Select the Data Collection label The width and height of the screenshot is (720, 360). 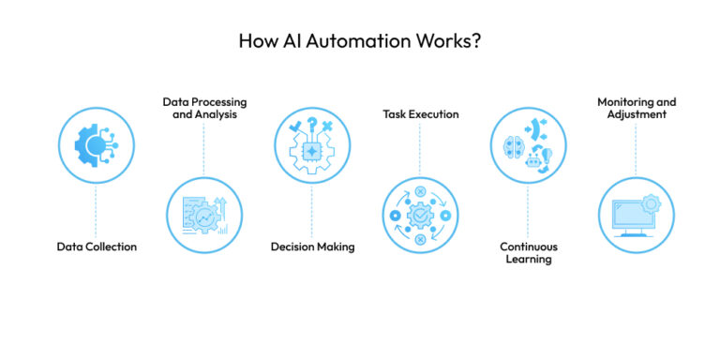[95, 247]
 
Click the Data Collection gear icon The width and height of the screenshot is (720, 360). [92, 143]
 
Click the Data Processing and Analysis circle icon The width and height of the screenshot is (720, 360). [203, 214]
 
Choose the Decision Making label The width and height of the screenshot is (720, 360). [312, 247]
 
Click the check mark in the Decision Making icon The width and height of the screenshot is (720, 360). [295, 126]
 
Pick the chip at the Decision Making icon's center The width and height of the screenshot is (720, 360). [312, 148]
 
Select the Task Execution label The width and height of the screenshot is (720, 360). [420, 114]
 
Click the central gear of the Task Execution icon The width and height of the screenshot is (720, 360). [420, 215]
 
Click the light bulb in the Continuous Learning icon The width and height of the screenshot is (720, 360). [548, 155]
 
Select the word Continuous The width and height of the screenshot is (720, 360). [527, 247]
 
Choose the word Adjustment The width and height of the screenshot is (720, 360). [636, 114]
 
